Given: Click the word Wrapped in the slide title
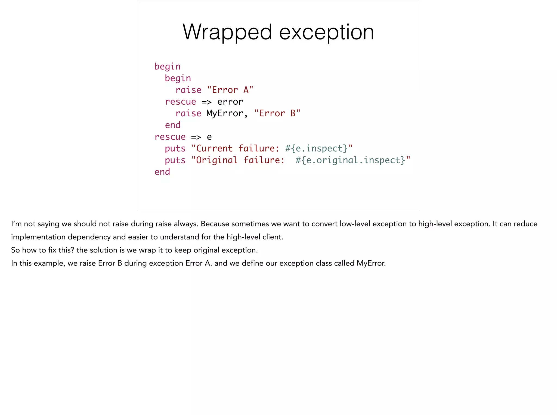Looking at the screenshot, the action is click(x=227, y=32).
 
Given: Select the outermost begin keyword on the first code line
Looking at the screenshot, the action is click(x=167, y=67).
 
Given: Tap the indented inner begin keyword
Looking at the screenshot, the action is click(x=178, y=78).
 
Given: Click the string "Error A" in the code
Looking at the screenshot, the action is click(x=230, y=90).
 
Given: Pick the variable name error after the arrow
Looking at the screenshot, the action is click(x=230, y=102).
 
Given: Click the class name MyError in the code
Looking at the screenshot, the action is click(x=225, y=113).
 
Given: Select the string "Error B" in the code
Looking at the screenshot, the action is click(x=277, y=113).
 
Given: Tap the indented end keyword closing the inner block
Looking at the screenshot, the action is click(x=173, y=125).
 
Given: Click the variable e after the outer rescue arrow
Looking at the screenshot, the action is click(x=209, y=137).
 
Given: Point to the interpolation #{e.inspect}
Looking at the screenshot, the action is click(x=316, y=148).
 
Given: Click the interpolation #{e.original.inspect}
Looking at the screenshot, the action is click(x=350, y=160).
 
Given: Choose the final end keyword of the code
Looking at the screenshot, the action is click(x=162, y=172).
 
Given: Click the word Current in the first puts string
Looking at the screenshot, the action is click(x=214, y=148).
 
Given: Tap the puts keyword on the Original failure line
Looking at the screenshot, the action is click(x=175, y=160).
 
